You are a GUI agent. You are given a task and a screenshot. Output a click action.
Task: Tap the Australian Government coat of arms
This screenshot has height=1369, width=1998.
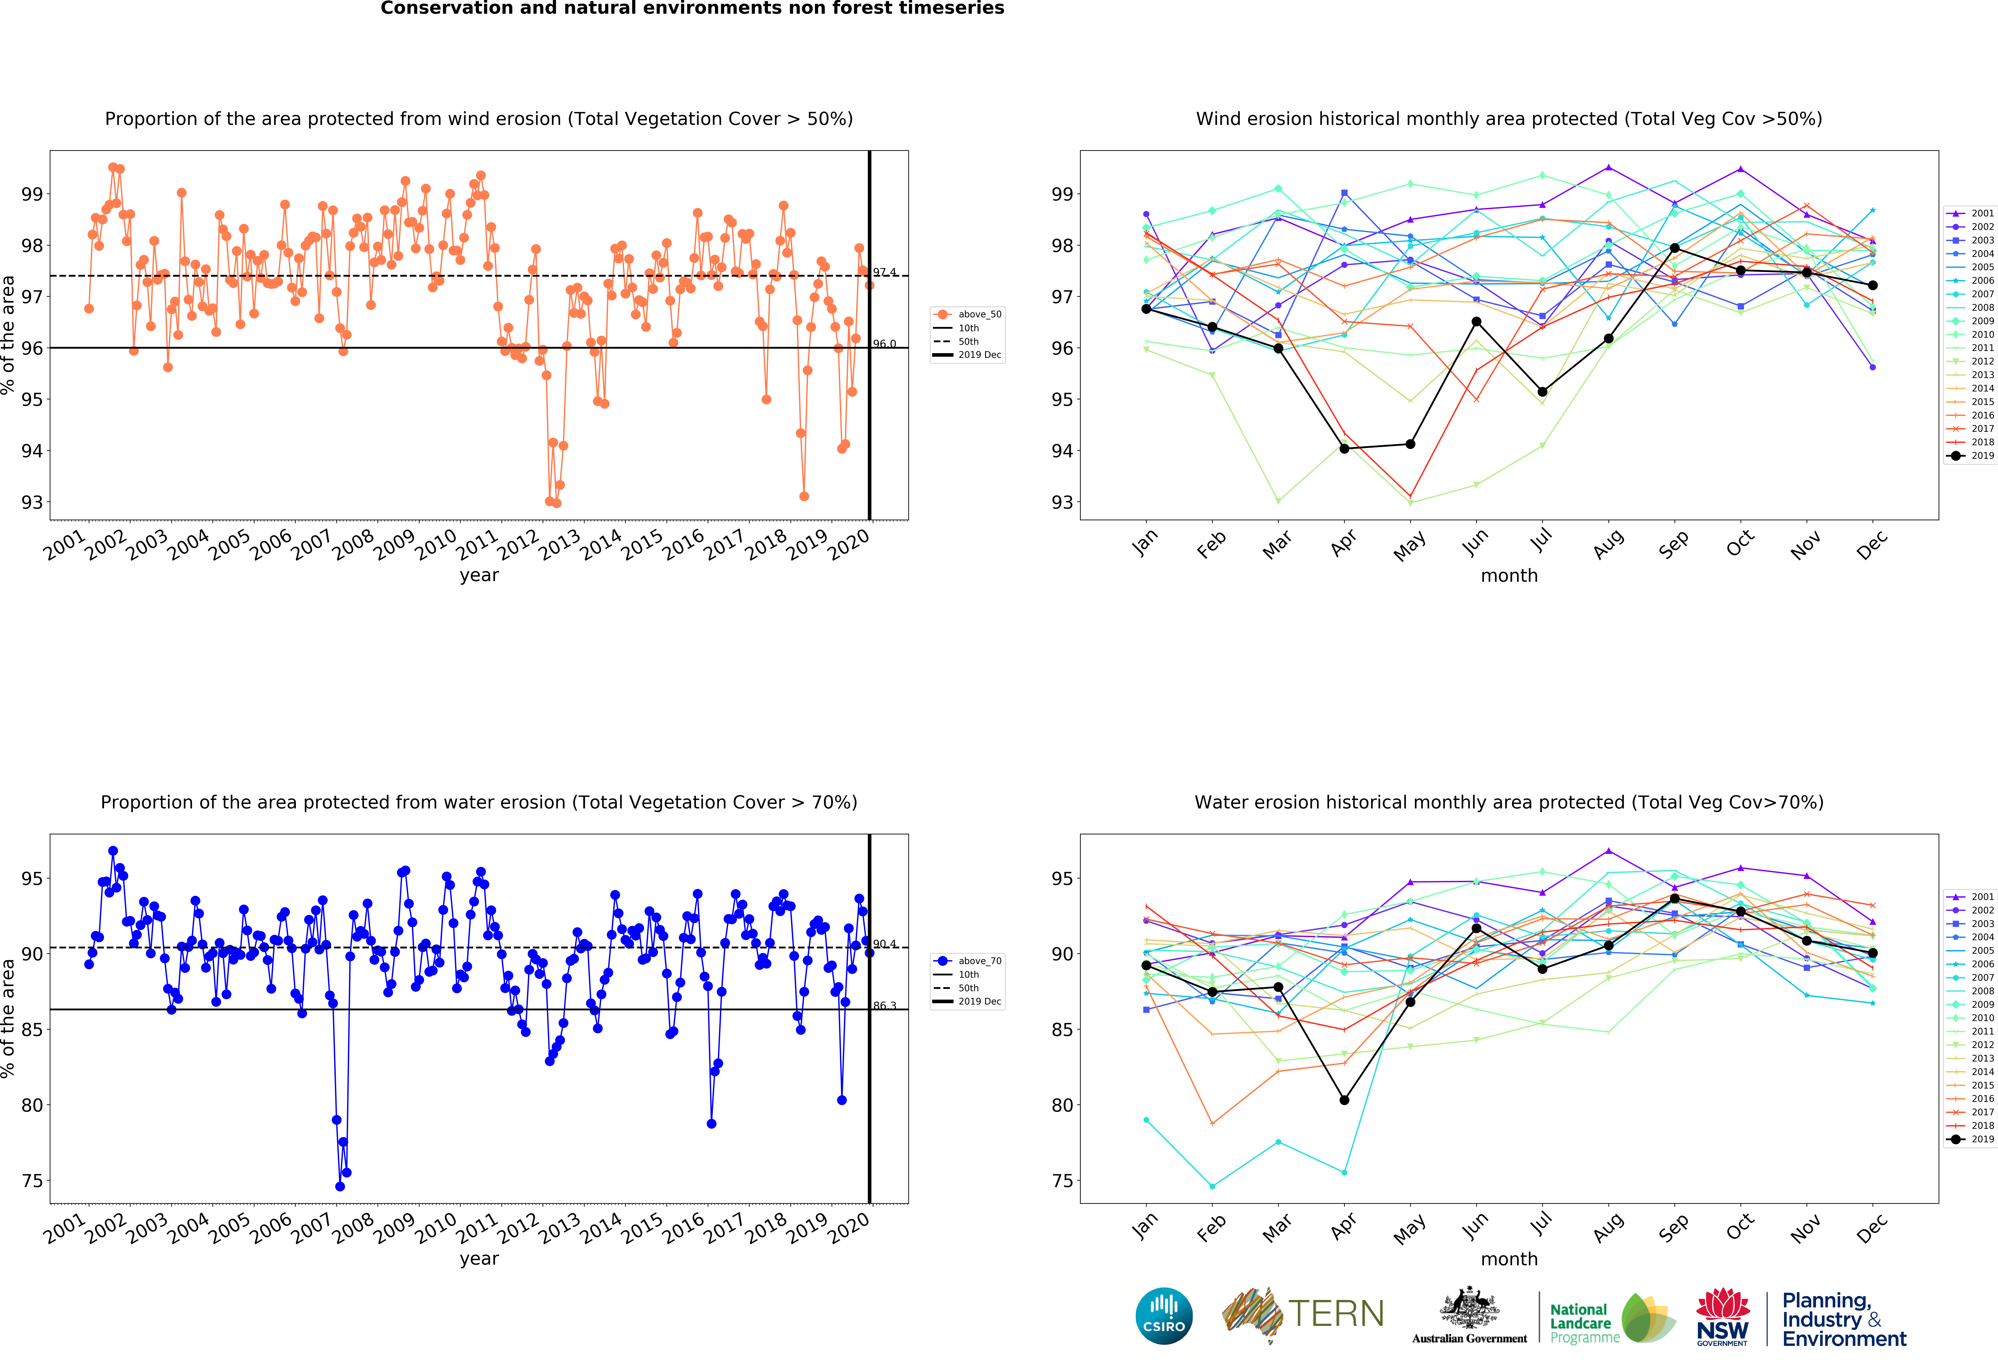[1469, 1308]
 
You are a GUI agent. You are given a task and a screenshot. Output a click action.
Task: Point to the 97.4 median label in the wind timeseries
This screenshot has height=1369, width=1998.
[885, 272]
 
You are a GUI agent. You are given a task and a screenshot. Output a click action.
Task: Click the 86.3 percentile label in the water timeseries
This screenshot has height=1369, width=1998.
[885, 1005]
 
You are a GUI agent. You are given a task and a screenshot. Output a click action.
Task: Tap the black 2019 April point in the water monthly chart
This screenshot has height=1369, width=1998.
[1344, 1100]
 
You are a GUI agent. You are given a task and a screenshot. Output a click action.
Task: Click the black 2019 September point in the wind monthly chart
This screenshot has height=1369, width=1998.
[1674, 248]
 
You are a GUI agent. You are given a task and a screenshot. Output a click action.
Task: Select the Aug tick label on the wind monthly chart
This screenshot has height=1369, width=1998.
[1608, 544]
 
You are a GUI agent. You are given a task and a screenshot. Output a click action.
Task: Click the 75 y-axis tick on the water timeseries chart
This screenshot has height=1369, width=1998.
[32, 1181]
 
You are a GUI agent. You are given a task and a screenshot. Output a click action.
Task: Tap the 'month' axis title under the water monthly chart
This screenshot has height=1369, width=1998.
[1509, 1259]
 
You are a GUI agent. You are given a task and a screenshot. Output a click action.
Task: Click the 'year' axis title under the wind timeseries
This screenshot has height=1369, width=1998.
[479, 575]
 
